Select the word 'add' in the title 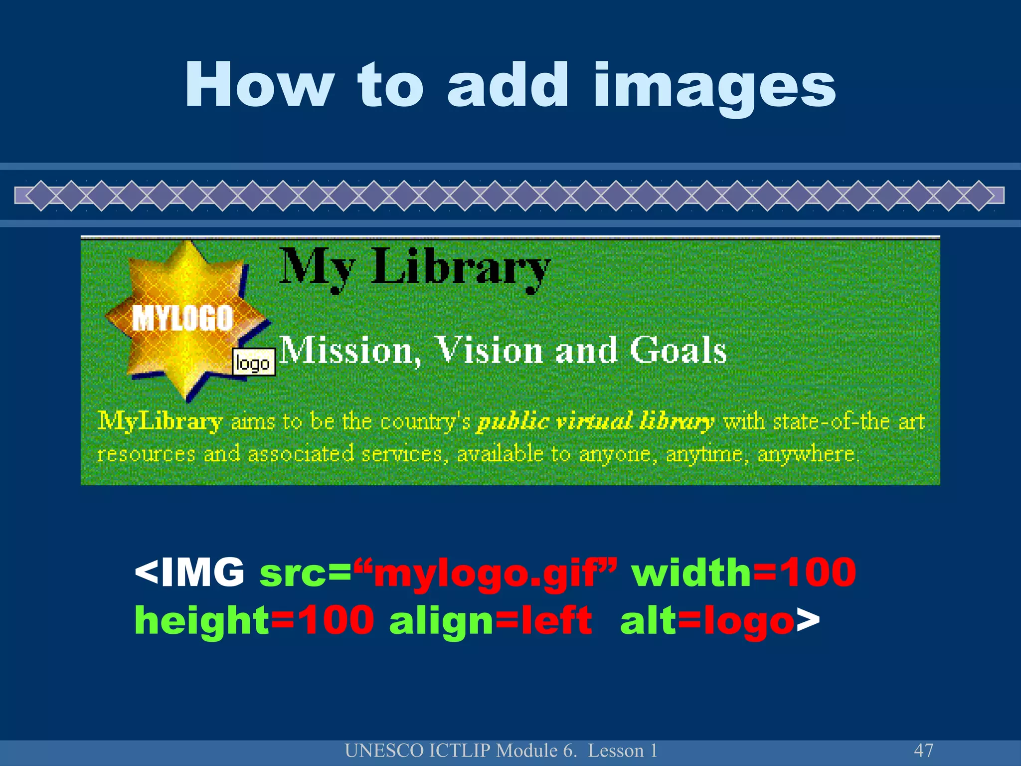coord(507,85)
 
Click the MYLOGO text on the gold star coord(182,319)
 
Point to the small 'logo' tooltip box coord(254,363)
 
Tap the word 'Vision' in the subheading coord(489,350)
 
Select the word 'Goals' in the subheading coord(678,350)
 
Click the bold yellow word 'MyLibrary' coord(160,421)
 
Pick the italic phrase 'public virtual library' coord(595,421)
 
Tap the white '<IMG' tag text coord(190,572)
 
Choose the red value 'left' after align coord(557,620)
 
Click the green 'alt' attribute coord(647,620)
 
